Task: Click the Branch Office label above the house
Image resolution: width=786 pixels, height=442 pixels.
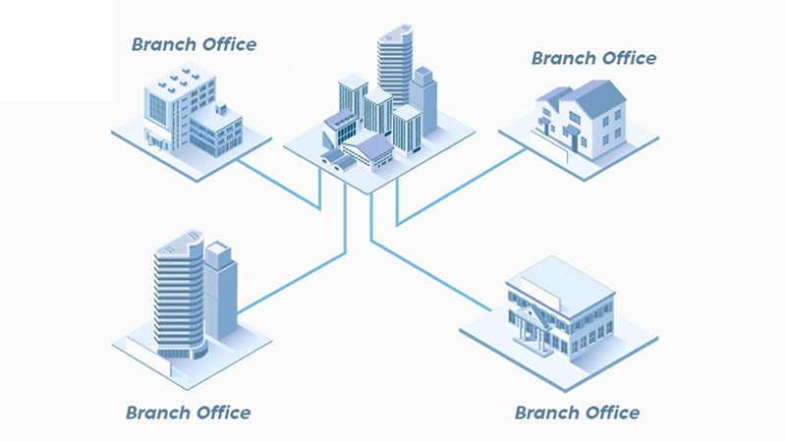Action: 594,58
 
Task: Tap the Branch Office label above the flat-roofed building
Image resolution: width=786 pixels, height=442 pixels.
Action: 194,44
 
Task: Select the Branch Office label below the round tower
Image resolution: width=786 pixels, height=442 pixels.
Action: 188,413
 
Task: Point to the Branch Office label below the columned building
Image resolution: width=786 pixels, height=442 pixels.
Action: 577,413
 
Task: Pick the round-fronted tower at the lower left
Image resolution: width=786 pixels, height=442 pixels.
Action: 180,296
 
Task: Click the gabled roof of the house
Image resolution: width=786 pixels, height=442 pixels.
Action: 591,97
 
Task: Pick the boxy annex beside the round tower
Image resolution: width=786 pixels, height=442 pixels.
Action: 220,291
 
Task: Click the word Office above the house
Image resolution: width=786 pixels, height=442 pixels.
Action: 629,58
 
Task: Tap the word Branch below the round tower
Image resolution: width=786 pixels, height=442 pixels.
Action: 157,413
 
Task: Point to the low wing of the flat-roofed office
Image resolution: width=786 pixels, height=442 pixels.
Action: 216,131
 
